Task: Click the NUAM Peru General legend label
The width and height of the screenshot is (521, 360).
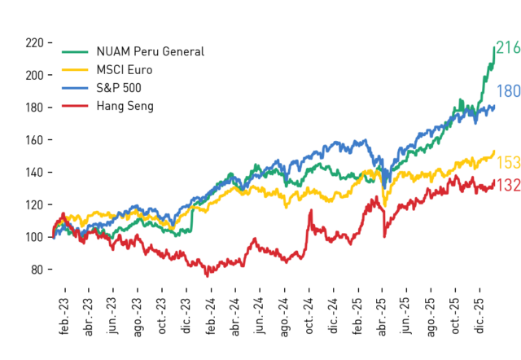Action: (x=150, y=51)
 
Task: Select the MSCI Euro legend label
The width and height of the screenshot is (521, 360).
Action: (x=125, y=70)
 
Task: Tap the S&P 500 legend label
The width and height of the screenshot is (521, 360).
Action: (x=119, y=88)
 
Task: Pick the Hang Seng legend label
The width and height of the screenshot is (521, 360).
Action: (x=125, y=106)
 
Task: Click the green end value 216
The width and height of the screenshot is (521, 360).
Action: (x=508, y=47)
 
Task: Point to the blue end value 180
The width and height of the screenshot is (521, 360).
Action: (x=508, y=91)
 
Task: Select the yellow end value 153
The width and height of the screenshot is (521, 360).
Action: (x=508, y=163)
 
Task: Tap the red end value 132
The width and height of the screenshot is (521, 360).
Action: (x=508, y=185)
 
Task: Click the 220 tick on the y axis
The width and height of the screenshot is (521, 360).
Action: (x=34, y=43)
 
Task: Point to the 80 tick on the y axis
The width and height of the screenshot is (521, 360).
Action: (x=37, y=270)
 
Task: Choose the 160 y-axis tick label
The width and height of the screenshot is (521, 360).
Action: (x=34, y=140)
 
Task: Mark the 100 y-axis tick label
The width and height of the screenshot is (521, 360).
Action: (x=34, y=237)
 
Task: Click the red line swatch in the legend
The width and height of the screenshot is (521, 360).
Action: (x=75, y=106)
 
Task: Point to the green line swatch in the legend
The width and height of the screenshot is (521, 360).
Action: (x=75, y=52)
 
